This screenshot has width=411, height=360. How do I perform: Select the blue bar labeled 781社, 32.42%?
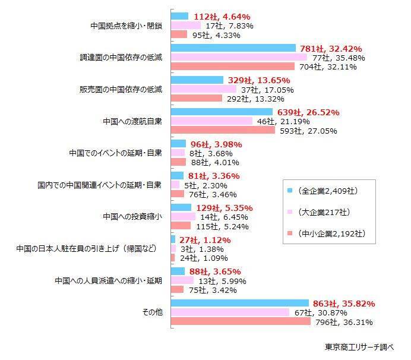coord(233,48)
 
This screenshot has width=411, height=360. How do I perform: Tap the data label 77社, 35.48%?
coord(339,58)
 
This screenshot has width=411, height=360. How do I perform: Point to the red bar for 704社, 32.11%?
coord(232,67)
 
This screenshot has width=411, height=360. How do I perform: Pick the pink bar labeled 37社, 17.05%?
coord(203,89)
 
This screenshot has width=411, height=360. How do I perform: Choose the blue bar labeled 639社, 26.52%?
coord(222,112)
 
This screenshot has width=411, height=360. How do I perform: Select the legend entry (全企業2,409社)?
coord(327,191)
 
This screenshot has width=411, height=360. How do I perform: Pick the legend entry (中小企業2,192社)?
coord(330,233)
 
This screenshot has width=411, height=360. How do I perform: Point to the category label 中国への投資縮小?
coord(132,216)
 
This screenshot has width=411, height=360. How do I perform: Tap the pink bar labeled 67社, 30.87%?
coord(230,312)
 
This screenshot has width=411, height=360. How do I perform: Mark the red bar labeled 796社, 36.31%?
coord(241,321)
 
